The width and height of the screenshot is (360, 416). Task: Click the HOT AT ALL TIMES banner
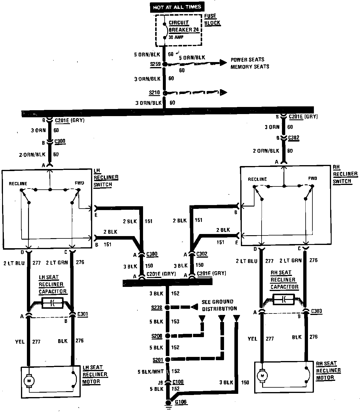pyautogui.click(x=177, y=7)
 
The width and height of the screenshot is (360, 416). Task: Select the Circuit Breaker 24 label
pyautogui.click(x=183, y=26)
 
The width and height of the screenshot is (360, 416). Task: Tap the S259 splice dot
pyautogui.click(x=165, y=64)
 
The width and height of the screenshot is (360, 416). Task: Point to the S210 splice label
pyautogui.click(x=155, y=93)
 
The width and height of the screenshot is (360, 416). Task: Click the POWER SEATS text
pyautogui.click(x=247, y=60)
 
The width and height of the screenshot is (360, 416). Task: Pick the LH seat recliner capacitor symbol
pyautogui.click(x=53, y=303)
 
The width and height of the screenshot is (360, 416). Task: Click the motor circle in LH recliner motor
pyautogui.click(x=29, y=380)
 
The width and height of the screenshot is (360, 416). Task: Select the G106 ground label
pyautogui.click(x=181, y=402)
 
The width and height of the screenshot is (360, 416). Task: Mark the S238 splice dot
pyautogui.click(x=167, y=308)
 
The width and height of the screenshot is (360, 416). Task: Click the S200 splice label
pyautogui.click(x=156, y=336)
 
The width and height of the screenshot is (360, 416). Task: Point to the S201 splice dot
pyautogui.click(x=167, y=359)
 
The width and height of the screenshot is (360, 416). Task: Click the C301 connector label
pyautogui.click(x=82, y=314)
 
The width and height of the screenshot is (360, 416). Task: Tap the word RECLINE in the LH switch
pyautogui.click(x=18, y=183)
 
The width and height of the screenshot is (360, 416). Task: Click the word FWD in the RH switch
pyautogui.click(x=312, y=178)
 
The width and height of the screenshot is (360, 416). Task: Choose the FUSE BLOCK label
pyautogui.click(x=212, y=19)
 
